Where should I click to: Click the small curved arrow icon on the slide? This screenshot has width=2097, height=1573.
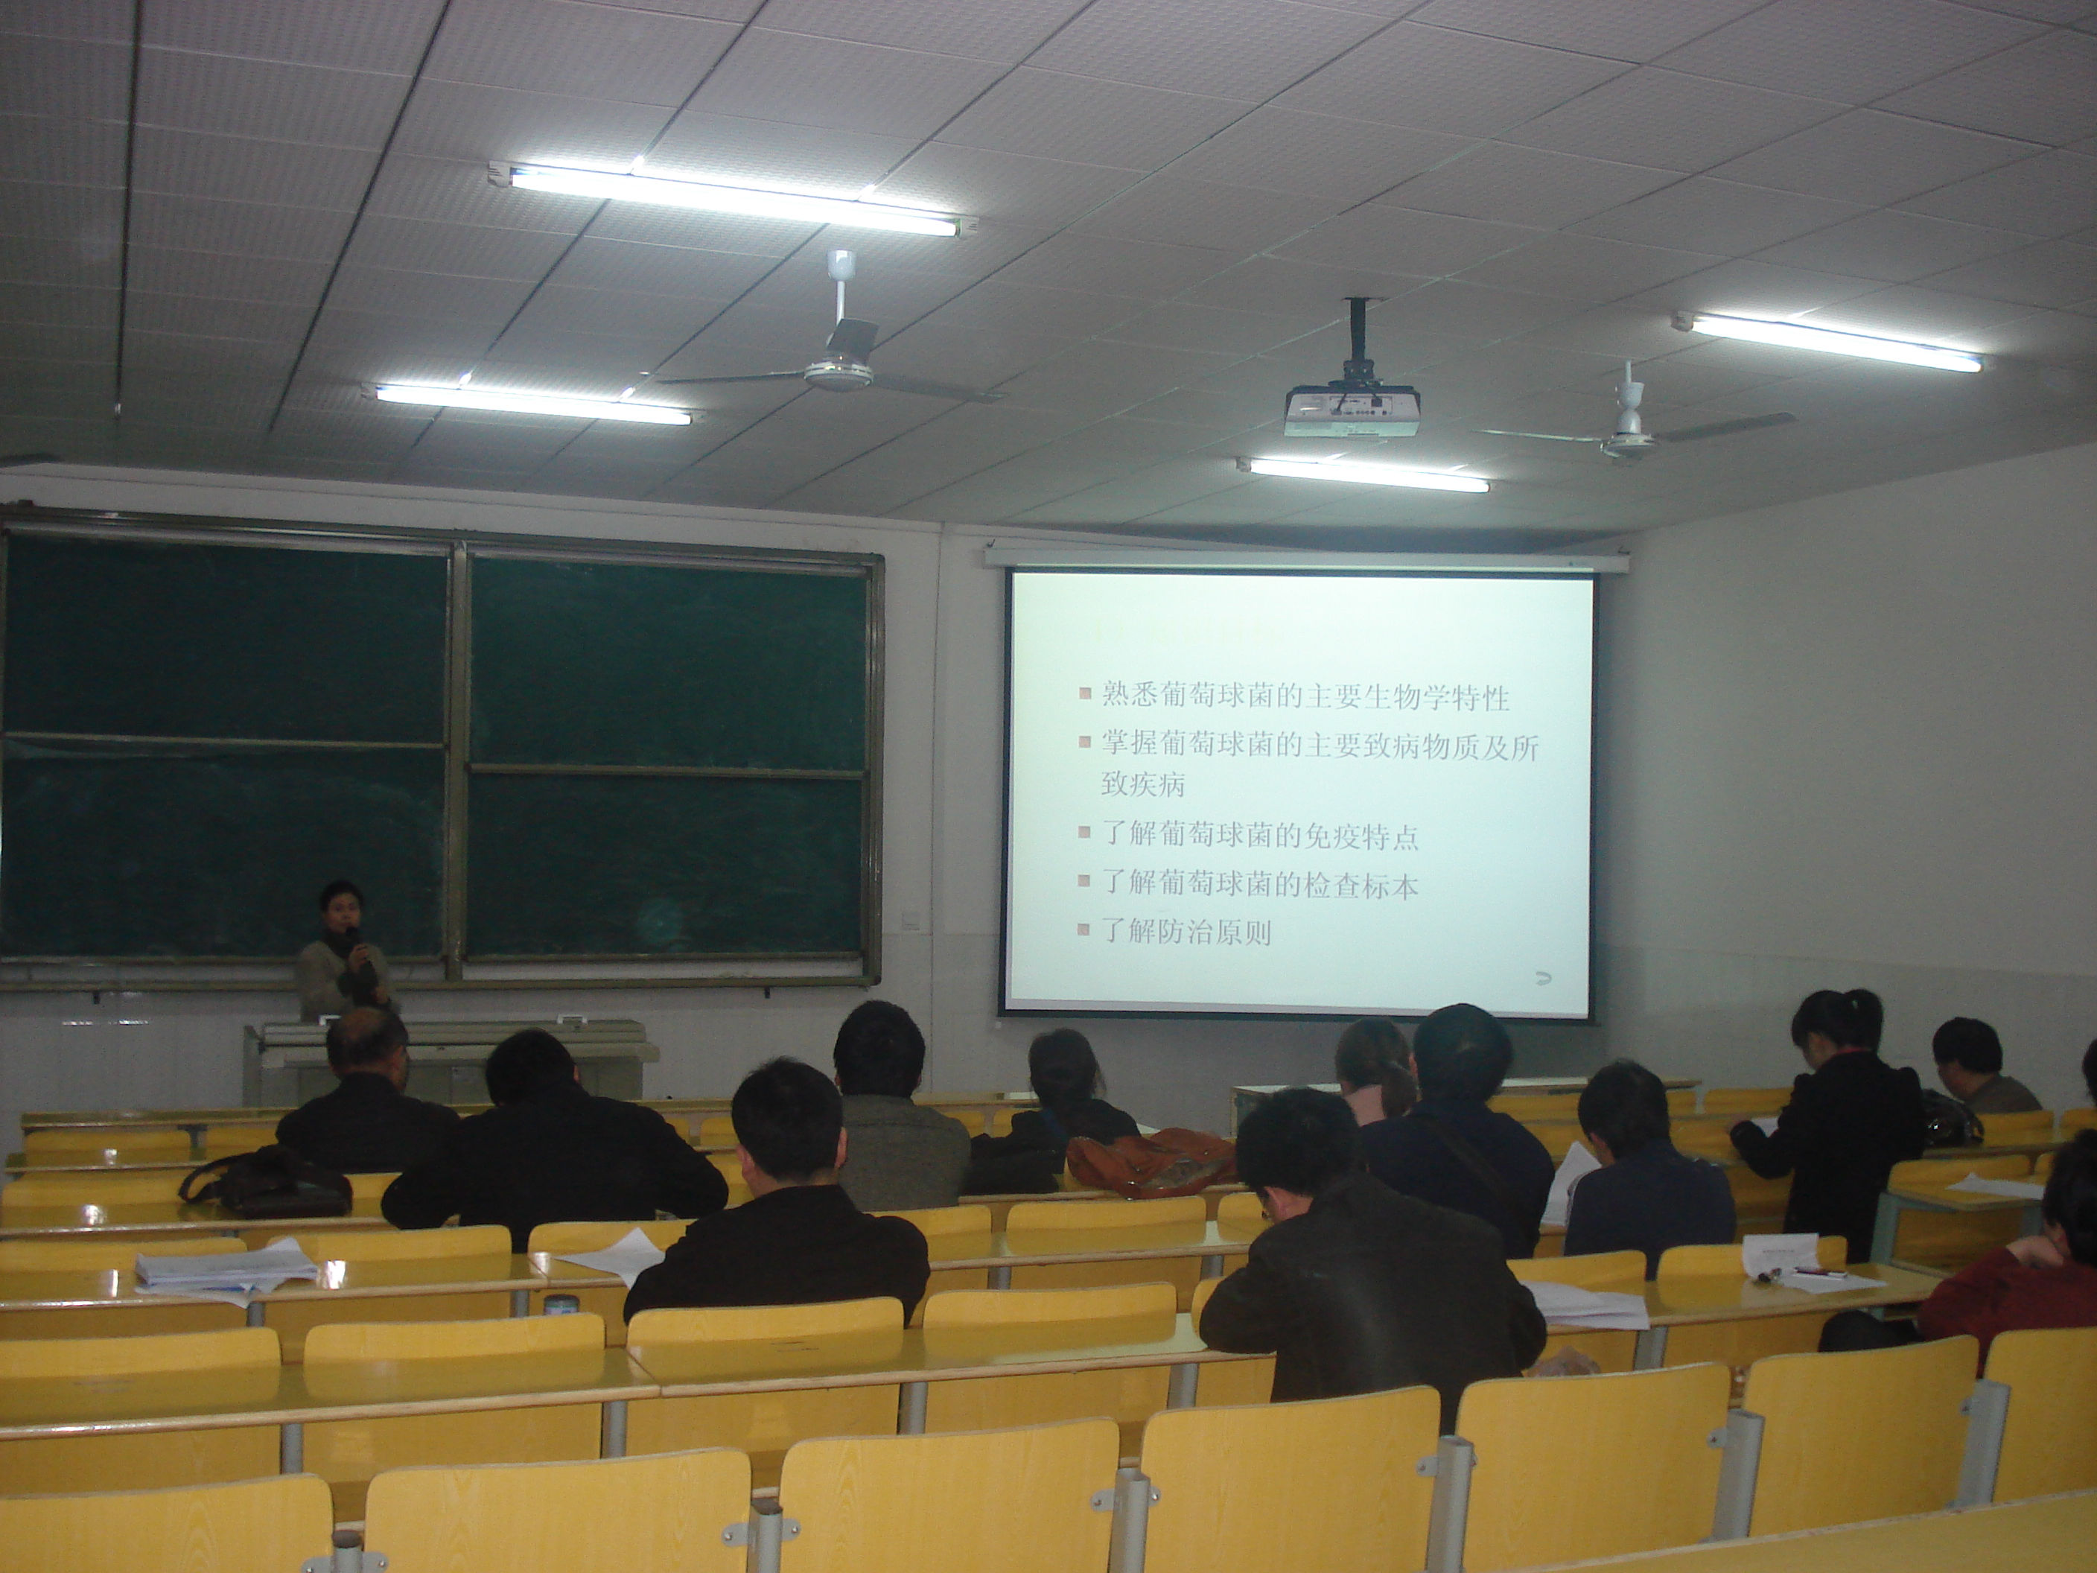pyautogui.click(x=1544, y=978)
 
